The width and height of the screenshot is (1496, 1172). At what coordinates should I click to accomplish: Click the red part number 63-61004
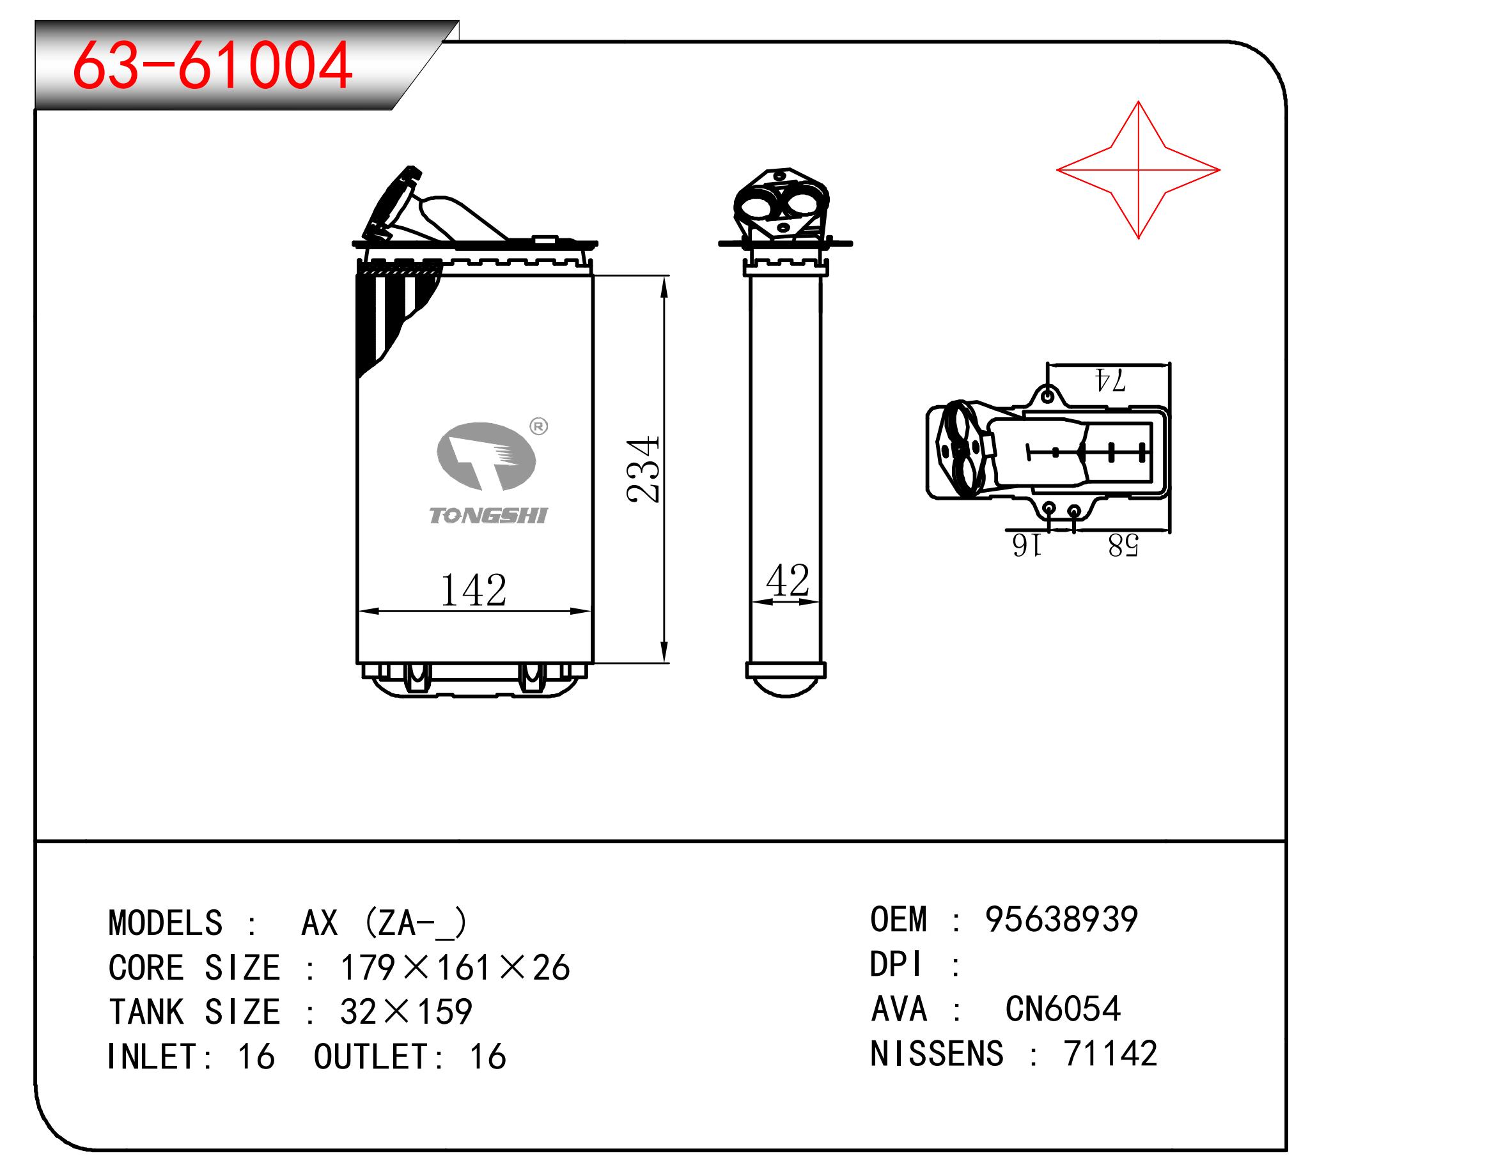click(212, 66)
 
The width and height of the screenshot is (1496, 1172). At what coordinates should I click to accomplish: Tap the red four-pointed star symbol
click(1137, 169)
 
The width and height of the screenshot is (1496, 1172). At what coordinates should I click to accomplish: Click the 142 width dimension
click(473, 589)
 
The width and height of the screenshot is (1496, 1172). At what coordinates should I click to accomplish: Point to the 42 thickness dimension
click(788, 580)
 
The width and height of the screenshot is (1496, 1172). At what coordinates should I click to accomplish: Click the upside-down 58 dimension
click(1123, 546)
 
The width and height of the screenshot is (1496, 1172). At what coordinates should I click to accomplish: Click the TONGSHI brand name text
click(488, 515)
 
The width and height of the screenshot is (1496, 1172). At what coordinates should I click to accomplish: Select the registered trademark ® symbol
click(539, 427)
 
